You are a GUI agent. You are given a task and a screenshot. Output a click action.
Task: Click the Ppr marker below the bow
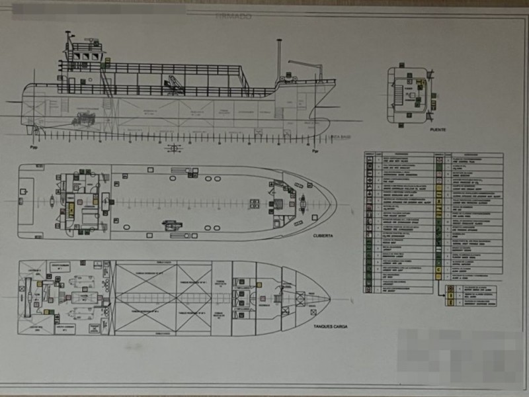tap(315, 151)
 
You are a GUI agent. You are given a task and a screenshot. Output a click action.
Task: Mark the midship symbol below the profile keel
tap(175, 148)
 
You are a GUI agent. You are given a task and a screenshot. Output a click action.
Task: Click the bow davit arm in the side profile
tap(305, 66)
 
